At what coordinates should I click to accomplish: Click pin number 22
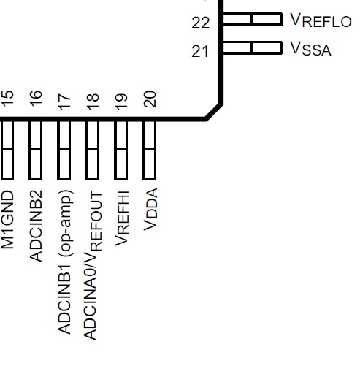pos(201,23)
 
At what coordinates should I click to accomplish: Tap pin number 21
pos(200,51)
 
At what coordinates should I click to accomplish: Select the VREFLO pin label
pos(321,20)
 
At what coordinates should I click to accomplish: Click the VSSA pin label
pos(310,49)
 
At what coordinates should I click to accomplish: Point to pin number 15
pos(7,99)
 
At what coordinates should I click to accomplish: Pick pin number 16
pos(36,99)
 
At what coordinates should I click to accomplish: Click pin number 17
pos(64,102)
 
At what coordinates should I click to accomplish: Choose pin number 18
pos(93,102)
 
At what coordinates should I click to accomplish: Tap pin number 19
pos(121,102)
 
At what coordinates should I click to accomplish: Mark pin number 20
pos(150,99)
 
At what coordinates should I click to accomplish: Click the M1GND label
pos(7,220)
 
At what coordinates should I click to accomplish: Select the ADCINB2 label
pos(36,226)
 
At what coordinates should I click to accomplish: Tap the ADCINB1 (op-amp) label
pos(65,262)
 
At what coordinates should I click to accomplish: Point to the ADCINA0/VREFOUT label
pos(93,265)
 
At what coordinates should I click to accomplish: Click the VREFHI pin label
pos(121,218)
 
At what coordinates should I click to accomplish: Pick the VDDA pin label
pos(150,209)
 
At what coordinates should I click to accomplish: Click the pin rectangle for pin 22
pos(252,19)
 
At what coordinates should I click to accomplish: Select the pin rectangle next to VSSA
pos(252,47)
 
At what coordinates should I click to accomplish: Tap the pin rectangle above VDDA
pos(149,150)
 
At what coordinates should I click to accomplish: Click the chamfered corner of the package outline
pos(214,112)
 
